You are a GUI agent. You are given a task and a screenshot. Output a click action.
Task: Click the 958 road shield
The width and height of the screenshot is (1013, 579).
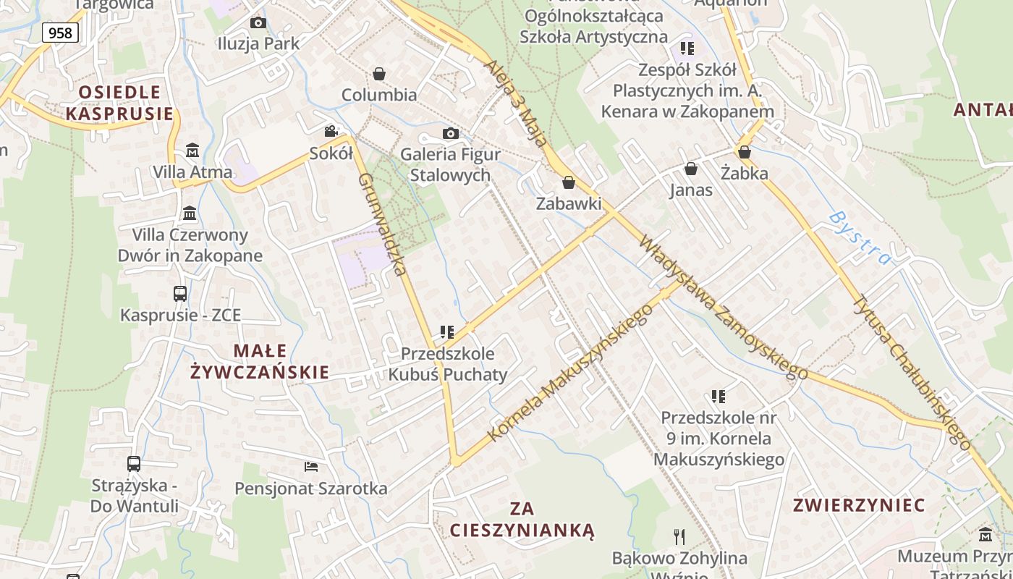(60, 33)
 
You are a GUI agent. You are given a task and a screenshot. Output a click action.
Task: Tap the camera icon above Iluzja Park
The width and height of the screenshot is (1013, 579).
(258, 23)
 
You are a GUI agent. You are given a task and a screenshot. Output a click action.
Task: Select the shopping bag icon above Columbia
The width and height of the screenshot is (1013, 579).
(378, 74)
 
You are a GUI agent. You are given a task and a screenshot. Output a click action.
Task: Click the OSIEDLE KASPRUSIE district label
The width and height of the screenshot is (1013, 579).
(119, 103)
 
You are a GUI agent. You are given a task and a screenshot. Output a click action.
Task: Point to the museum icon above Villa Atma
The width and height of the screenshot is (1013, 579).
(192, 151)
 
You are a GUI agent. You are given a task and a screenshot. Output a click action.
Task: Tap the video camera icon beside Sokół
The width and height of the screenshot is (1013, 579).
(331, 132)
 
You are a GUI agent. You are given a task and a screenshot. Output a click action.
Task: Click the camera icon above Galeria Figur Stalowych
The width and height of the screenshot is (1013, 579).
(450, 134)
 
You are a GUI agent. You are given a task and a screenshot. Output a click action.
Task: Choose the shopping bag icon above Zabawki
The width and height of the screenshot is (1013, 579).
(569, 182)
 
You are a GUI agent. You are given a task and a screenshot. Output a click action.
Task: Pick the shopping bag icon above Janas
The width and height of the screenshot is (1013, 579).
(691, 169)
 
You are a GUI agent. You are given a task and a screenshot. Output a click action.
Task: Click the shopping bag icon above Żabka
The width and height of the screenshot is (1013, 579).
(744, 152)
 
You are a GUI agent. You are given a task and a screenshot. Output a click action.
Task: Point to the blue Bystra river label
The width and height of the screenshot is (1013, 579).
(859, 238)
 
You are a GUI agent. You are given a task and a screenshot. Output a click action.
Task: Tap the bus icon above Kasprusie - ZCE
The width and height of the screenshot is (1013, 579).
(180, 294)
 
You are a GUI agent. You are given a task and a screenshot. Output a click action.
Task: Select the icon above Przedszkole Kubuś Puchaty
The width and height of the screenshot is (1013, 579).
(447, 332)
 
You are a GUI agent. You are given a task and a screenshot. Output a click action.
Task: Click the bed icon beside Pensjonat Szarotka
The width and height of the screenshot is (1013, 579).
(311, 465)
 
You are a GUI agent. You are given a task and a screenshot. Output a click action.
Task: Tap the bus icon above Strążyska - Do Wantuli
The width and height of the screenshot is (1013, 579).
(134, 464)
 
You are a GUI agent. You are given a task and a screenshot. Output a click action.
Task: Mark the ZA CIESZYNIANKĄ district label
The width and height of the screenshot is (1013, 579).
(522, 520)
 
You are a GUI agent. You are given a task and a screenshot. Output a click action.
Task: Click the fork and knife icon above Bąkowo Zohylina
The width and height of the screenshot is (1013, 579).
(679, 536)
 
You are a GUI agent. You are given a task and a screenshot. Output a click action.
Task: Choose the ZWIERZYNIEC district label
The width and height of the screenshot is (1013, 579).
(859, 505)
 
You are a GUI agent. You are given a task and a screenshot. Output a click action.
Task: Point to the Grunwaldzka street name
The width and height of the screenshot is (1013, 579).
(381, 224)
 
